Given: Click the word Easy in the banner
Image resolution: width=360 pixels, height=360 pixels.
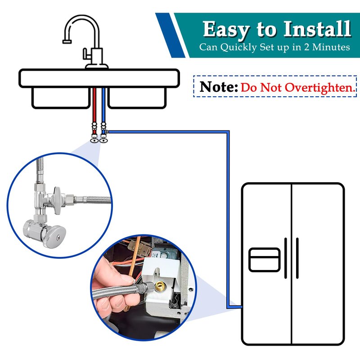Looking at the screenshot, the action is [x=226, y=30].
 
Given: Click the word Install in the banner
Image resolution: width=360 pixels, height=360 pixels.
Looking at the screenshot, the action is [x=317, y=28].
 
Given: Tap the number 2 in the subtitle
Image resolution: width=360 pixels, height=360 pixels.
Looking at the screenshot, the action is [x=307, y=47].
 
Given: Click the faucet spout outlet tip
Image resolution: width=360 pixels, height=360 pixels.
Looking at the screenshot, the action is [x=67, y=41].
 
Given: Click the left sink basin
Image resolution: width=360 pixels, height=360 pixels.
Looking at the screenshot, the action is [x=61, y=98].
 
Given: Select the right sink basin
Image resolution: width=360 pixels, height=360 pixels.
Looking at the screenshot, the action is [x=137, y=98].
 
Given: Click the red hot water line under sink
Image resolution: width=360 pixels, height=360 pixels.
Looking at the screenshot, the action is [x=94, y=105].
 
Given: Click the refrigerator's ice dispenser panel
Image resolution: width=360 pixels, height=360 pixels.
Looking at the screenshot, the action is [x=264, y=260].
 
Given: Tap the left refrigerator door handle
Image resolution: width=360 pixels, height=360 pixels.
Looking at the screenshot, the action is [x=286, y=258].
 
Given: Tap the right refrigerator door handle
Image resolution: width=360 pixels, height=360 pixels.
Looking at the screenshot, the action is [x=297, y=258].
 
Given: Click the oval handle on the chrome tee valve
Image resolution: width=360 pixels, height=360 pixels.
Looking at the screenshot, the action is [x=58, y=200].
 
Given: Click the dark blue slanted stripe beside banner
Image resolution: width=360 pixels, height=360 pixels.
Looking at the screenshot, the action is [x=171, y=35].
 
